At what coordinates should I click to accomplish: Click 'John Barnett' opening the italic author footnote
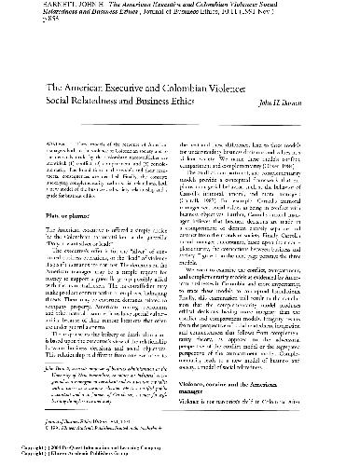click(x=54, y=378)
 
